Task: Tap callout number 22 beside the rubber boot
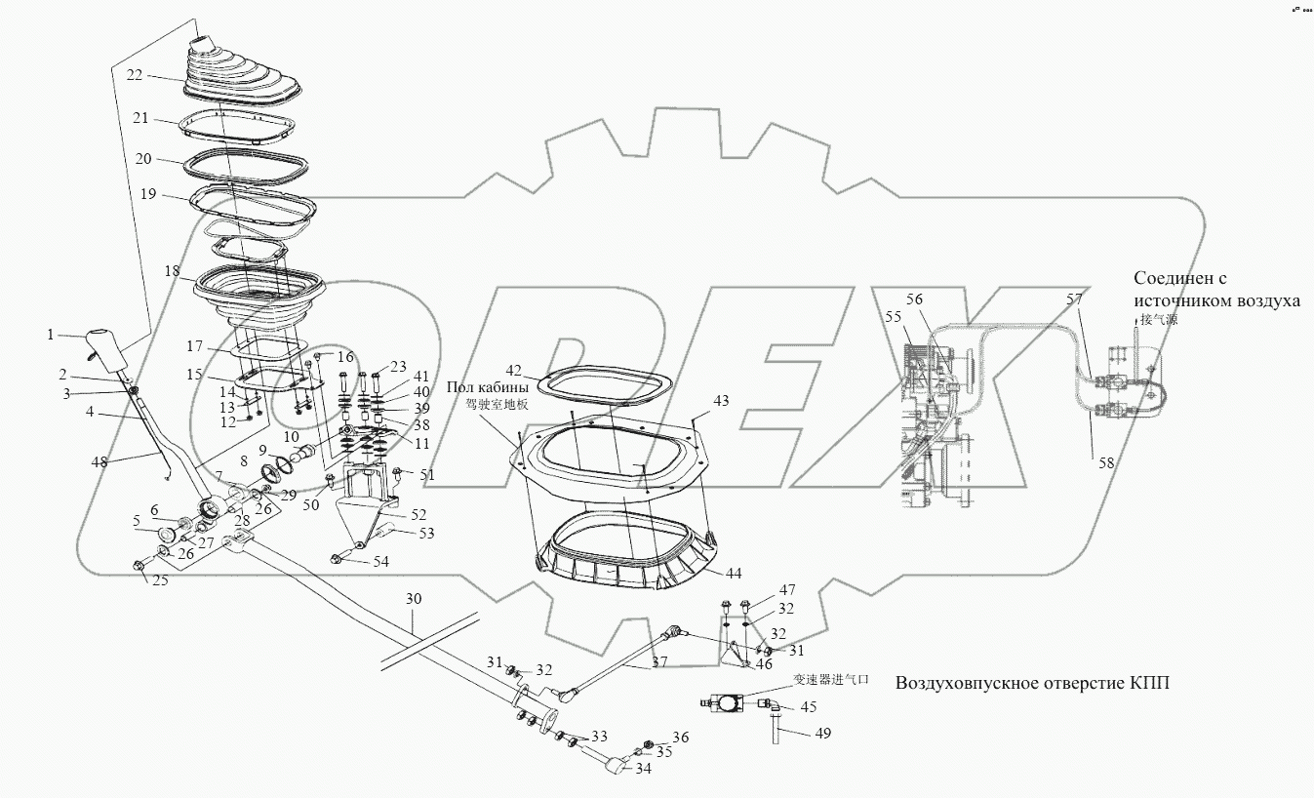(135, 73)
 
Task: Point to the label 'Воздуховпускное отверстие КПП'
(1031, 683)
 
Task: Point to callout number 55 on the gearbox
(893, 317)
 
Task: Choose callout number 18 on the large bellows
(173, 271)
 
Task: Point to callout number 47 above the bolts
(786, 590)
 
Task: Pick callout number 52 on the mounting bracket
(417, 514)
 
